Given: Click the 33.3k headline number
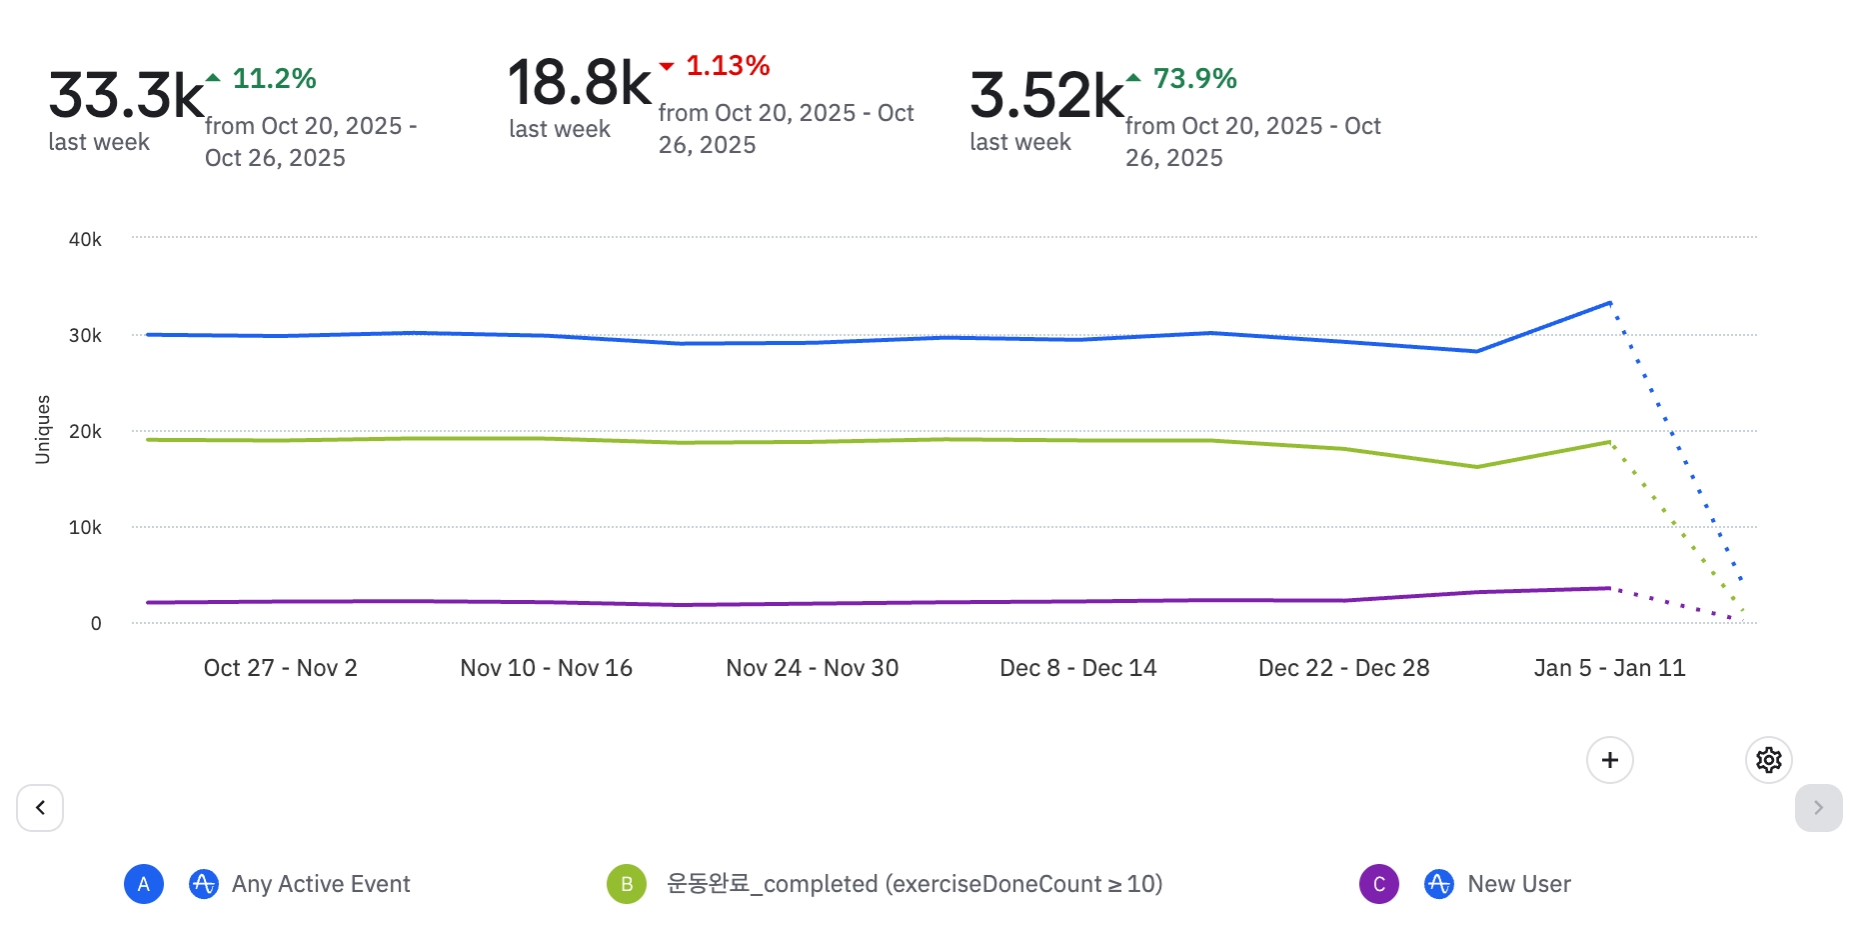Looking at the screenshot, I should point(126,95).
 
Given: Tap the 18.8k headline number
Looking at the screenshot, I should point(580,82).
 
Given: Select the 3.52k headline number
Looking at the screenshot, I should point(1046,95).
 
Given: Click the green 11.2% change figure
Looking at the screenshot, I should point(274,78).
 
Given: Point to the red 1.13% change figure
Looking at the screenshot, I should point(728,66).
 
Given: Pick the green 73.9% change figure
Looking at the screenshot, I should point(1194,78).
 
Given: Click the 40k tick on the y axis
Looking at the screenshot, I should point(85,240).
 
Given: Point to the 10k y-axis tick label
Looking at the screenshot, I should point(85,528).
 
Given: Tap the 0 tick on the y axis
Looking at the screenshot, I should point(96,624).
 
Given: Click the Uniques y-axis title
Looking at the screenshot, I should point(43,430).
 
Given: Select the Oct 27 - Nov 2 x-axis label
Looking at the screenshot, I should point(280,668).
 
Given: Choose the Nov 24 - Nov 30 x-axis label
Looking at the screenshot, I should point(812,668).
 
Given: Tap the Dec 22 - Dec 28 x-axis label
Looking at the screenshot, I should point(1343,668).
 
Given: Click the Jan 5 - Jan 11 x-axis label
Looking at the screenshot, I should point(1609,668).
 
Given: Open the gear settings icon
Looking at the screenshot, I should point(1768,760).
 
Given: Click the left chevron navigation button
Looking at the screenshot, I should point(40,808).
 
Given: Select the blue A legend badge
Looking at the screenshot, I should point(144,884).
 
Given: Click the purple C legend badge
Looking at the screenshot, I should point(1379,884).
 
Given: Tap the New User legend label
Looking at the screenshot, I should point(1518,884).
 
